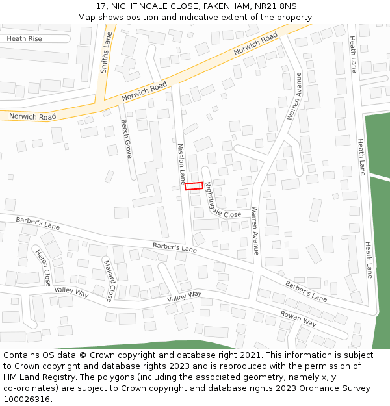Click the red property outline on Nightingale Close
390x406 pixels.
[x=194, y=186]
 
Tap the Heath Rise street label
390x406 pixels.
[x=24, y=39]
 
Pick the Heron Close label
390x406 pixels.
[x=43, y=268]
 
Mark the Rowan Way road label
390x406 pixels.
[x=298, y=318]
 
